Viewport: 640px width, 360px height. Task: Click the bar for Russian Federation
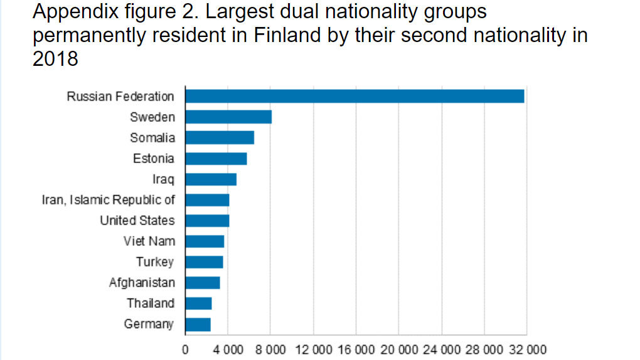point(355,97)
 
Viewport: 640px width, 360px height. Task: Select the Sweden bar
point(228,117)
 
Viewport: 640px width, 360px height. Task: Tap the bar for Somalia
point(220,138)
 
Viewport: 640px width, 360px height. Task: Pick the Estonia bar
point(216,159)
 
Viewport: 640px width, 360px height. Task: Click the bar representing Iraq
point(211,179)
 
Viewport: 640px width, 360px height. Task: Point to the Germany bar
point(198,324)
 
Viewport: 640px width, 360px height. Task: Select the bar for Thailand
point(198,304)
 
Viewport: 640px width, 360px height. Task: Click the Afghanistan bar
point(202,283)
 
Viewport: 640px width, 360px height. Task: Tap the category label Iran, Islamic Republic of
point(109,200)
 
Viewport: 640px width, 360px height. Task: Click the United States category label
point(137,221)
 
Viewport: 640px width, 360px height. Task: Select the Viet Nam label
point(149,241)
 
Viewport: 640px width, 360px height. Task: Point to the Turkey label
point(155,262)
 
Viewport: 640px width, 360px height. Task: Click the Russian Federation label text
point(120,97)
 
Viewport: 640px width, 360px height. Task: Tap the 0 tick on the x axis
point(185,349)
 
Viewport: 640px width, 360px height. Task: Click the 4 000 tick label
point(228,349)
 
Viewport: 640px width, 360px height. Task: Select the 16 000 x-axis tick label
point(356,349)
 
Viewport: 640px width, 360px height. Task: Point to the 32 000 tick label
point(526,349)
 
